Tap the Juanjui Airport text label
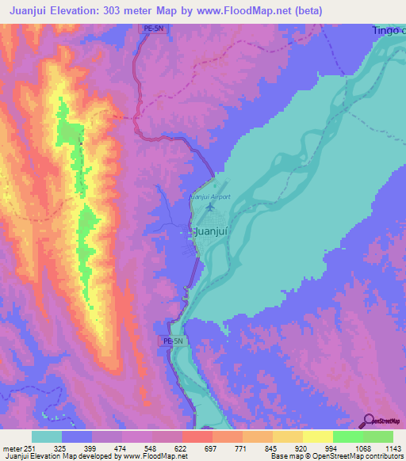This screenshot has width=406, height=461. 210,196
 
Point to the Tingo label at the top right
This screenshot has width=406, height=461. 386,30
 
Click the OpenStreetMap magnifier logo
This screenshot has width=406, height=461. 368,421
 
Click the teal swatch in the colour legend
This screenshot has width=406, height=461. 47,436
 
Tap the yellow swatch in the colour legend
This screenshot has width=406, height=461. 317,436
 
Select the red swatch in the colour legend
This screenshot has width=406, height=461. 197,436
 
